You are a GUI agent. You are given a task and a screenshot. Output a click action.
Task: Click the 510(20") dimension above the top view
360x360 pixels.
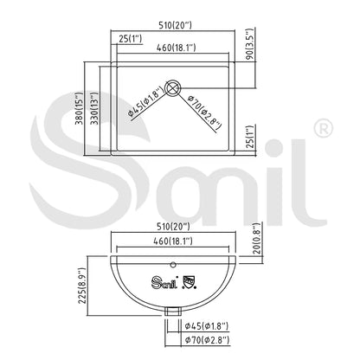pos(175,25)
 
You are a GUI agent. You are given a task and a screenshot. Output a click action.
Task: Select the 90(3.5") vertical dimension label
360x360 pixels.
pos(250,44)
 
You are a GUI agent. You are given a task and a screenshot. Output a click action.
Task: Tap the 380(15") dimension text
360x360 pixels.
pos(79,108)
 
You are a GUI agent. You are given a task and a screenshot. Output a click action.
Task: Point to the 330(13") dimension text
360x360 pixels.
pos(94,108)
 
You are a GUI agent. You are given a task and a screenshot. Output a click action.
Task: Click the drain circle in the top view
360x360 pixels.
pos(173,87)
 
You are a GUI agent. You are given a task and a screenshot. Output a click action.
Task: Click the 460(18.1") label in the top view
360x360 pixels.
pos(176,48)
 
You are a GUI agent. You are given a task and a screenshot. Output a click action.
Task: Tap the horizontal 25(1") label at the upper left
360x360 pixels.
pos(131,38)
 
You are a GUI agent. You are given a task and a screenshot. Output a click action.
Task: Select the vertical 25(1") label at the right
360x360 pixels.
pos(251,137)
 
